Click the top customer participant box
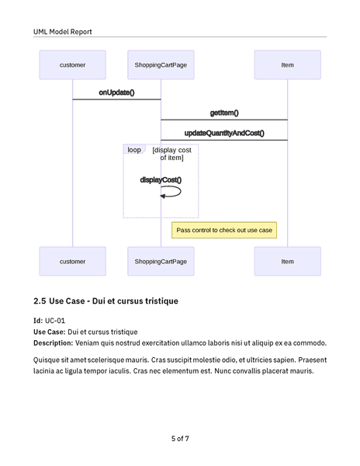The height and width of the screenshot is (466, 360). click(72, 65)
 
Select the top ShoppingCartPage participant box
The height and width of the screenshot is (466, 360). click(161, 65)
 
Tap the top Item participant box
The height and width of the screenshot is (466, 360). click(287, 65)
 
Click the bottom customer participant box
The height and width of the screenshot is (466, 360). click(72, 262)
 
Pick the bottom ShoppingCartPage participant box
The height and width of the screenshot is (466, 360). click(161, 262)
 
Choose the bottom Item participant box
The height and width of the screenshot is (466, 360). click(287, 262)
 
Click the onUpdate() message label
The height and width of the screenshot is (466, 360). click(116, 92)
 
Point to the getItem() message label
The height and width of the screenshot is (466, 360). click(224, 113)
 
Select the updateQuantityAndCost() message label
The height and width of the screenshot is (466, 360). click(224, 133)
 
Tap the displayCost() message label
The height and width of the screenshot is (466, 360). click(161, 179)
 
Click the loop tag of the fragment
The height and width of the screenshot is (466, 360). click(134, 150)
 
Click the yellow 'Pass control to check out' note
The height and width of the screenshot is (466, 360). click(224, 230)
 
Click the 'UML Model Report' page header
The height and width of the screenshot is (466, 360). click(62, 32)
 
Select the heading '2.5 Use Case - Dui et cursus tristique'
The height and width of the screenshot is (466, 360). click(106, 301)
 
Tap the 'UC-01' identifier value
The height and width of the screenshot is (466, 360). click(55, 320)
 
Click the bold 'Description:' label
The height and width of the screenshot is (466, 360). click(53, 343)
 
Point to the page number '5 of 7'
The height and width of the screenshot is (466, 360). click(180, 439)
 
